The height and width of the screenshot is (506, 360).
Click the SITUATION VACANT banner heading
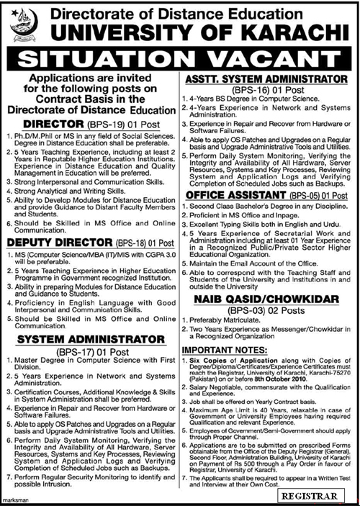[x=180, y=55]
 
